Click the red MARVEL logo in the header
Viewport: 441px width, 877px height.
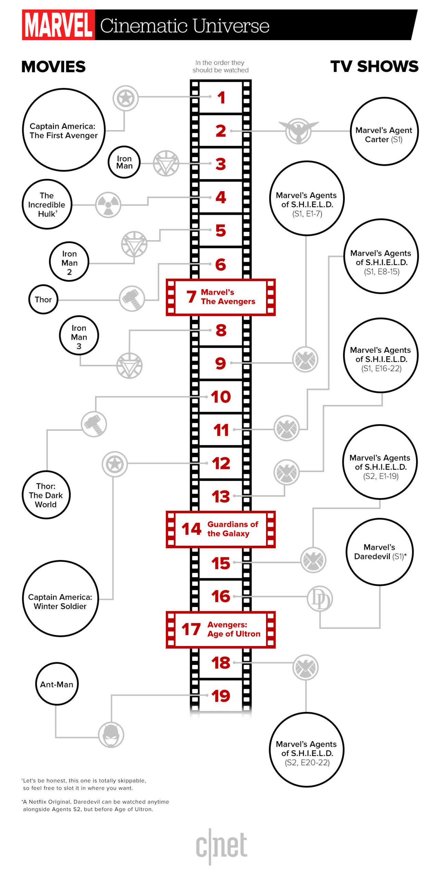(x=58, y=25)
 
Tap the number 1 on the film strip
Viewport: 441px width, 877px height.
(x=221, y=98)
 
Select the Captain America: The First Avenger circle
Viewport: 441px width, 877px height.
(x=64, y=130)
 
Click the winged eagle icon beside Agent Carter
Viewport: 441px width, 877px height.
(x=299, y=131)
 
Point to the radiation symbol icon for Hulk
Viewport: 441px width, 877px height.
(x=108, y=205)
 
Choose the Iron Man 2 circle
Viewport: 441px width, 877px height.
(x=69, y=262)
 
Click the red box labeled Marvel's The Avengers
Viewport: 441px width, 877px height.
(x=220, y=297)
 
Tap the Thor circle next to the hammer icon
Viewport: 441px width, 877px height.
(x=43, y=300)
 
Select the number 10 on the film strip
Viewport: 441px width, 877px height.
(x=221, y=397)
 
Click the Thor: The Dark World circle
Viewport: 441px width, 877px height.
(x=46, y=495)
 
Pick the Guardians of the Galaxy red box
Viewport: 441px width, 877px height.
(x=220, y=529)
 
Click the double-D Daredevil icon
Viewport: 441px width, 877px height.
(x=319, y=598)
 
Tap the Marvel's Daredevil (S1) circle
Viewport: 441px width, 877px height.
(x=380, y=552)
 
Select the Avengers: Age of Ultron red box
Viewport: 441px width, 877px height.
(x=220, y=630)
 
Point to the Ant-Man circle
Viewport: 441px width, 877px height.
(x=57, y=684)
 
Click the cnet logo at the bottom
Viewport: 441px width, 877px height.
(x=222, y=846)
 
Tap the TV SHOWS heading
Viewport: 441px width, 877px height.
(x=374, y=66)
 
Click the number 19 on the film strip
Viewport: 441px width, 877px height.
(x=221, y=696)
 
